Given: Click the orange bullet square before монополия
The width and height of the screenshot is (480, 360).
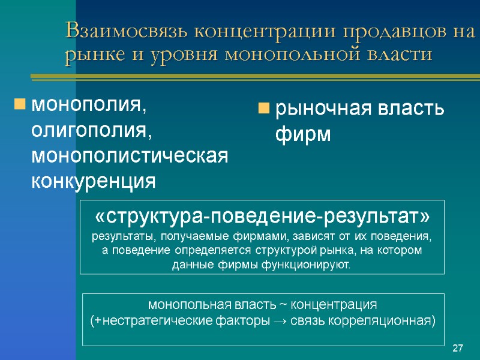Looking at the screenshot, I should click(x=20, y=106).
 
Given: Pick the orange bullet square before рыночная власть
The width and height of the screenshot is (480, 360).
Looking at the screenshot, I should click(x=263, y=109).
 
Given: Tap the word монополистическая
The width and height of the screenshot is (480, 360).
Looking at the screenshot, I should click(x=130, y=155).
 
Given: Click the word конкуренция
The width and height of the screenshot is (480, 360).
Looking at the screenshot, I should click(x=93, y=181).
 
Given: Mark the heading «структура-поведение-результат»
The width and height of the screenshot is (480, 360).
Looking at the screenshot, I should click(x=262, y=216).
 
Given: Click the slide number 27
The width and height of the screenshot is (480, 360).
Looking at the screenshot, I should click(x=458, y=349).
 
